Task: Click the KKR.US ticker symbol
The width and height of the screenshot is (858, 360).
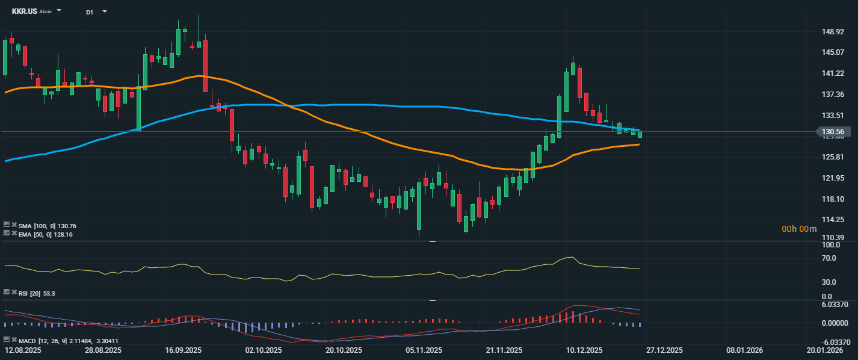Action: point(24,11)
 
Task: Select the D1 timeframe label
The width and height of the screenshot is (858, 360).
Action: point(90,12)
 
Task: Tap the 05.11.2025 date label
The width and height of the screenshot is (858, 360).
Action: point(424,350)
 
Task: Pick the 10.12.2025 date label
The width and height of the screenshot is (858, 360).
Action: point(584,350)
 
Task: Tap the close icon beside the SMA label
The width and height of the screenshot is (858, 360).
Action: point(14,225)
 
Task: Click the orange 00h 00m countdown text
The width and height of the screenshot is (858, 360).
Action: point(799,229)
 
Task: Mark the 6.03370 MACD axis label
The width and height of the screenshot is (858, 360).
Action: point(834,305)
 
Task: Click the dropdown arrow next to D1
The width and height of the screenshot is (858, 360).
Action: point(105,11)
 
